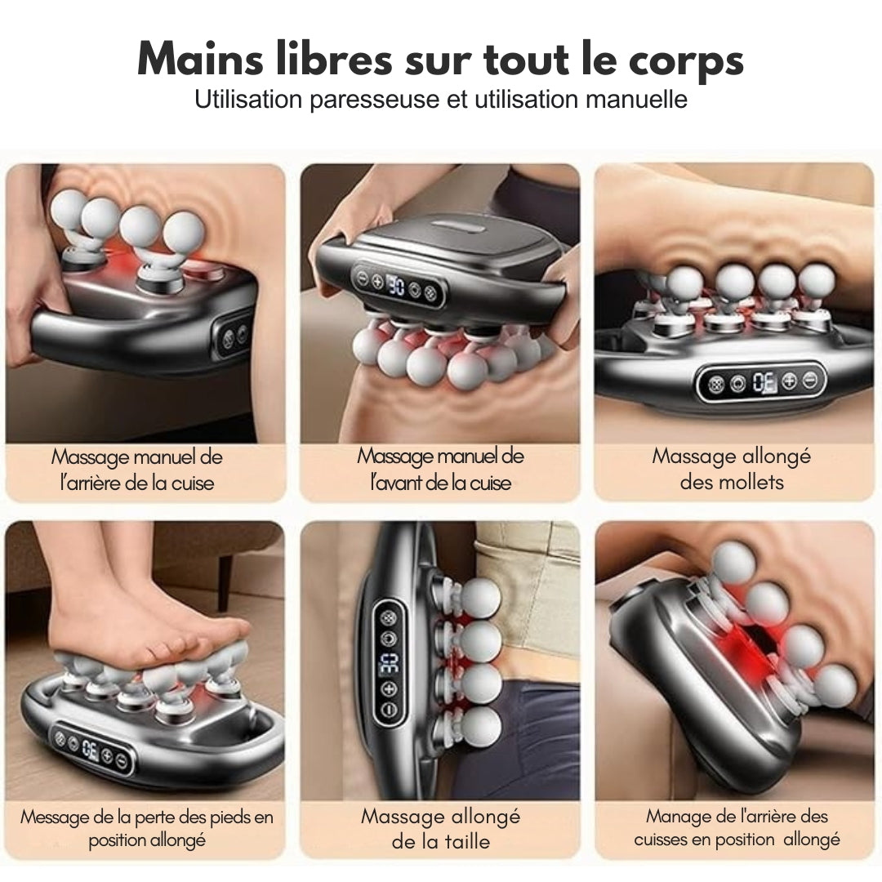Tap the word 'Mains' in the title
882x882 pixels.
coord(200,58)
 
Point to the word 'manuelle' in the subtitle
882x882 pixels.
coord(637,99)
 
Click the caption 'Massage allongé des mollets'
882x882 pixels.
coord(731,469)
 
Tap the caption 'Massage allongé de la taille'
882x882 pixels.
coord(440,829)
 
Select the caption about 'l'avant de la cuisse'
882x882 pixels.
coord(440,469)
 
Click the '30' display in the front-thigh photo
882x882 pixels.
coord(395,287)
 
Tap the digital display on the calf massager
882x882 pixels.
coord(764,382)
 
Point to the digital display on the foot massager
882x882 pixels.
coord(91,749)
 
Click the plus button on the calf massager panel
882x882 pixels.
coord(789,381)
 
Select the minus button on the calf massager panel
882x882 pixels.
coord(810,380)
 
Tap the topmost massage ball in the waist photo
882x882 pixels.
coord(480,598)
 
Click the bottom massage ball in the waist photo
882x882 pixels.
coord(480,726)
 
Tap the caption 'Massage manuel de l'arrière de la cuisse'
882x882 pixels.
coord(136,470)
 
